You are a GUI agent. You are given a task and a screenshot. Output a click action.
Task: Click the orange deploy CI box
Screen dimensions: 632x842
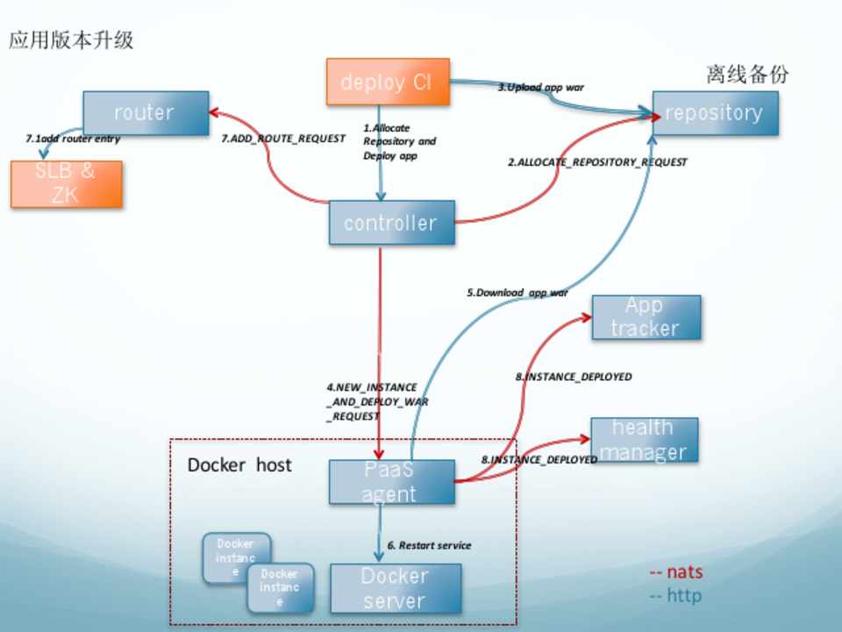388,83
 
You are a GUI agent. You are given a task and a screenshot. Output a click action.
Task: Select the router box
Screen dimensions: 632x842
146,112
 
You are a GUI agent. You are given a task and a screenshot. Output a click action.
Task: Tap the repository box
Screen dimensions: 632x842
714,112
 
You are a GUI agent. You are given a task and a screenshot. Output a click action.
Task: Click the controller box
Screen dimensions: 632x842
391,223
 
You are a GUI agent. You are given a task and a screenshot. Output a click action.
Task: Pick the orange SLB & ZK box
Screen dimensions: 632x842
67,183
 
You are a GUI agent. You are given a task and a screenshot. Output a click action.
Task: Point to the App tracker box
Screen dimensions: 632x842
646,318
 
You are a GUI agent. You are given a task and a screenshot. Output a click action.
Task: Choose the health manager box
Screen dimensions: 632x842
644,440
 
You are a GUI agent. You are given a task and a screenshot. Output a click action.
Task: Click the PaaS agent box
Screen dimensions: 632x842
391,482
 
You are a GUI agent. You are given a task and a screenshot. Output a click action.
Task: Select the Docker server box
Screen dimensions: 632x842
396,588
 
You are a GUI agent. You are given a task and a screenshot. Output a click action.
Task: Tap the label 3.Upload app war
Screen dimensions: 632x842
541,88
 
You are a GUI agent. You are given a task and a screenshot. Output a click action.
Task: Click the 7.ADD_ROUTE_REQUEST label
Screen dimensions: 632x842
283,139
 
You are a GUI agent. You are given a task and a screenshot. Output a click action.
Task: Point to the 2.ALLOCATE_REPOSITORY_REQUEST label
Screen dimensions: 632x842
598,162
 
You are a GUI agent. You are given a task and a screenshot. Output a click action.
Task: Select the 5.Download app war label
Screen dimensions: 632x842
517,292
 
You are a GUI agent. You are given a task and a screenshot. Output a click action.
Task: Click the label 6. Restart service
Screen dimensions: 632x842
429,545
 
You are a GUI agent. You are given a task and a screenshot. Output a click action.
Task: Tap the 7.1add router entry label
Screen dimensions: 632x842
73,139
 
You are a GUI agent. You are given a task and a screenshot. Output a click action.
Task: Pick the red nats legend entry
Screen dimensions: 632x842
676,572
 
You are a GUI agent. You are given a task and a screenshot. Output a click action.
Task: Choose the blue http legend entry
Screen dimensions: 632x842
676,596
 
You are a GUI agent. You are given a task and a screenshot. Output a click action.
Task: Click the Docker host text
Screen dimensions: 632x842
239,464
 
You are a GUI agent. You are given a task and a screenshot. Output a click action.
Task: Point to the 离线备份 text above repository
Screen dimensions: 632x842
747,75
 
